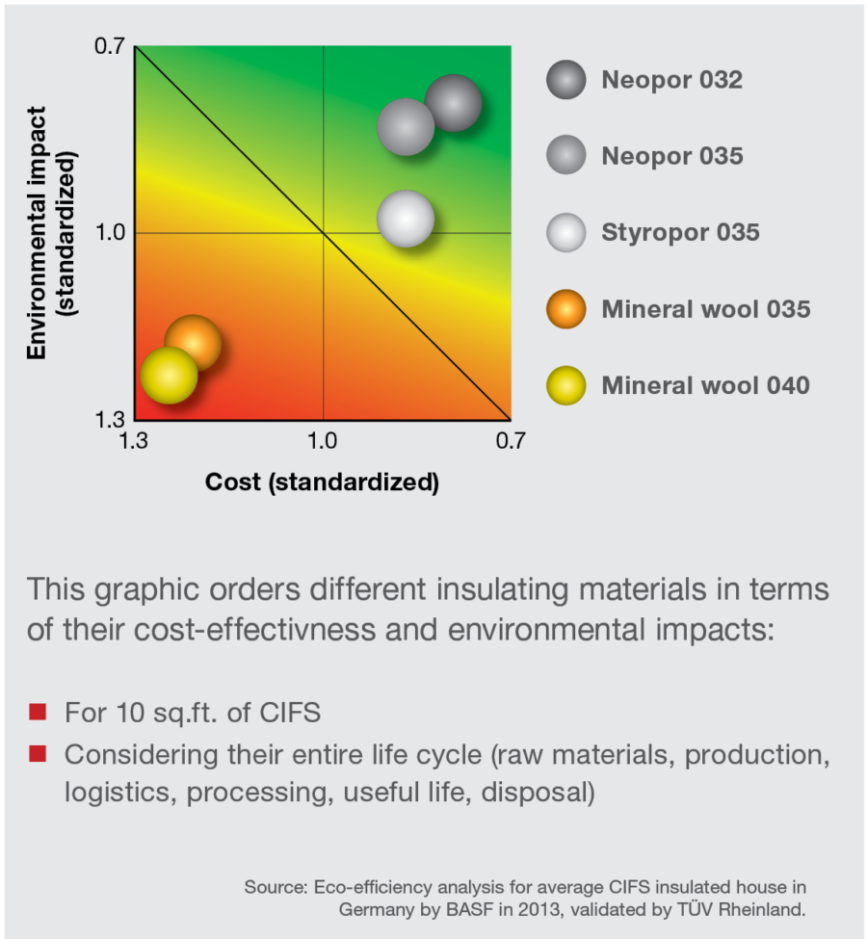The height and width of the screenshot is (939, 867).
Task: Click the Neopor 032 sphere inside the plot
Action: point(453,102)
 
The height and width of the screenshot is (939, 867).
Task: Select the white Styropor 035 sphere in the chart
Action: point(406,219)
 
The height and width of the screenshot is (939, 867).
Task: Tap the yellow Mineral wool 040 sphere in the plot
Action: point(169,375)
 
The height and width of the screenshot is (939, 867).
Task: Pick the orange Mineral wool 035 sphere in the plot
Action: point(193,342)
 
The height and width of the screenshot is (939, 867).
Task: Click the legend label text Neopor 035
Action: point(672,156)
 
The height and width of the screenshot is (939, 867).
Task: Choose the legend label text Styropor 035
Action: point(680,232)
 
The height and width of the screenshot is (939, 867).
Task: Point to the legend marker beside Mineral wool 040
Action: point(565,385)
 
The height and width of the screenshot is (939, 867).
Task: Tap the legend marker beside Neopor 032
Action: point(565,79)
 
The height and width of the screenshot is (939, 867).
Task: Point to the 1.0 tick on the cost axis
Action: point(322,440)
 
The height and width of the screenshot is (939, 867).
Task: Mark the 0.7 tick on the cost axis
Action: point(511,440)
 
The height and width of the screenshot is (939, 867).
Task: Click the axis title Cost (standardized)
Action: point(322,482)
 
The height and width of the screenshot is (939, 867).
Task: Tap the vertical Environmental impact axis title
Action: point(50,233)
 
